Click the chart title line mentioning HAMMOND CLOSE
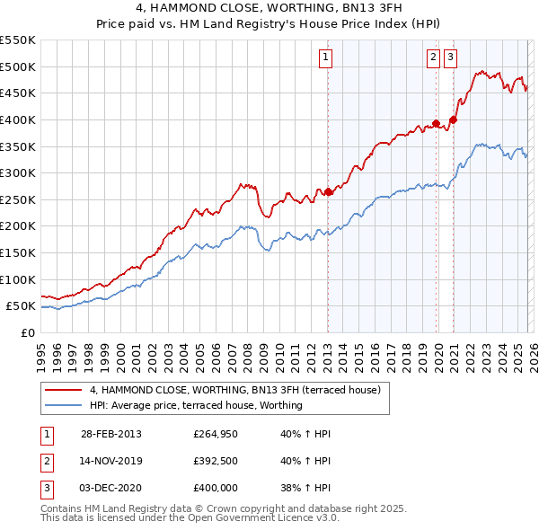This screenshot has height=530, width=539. click(x=269, y=9)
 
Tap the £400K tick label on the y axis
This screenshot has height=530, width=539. click(x=17, y=119)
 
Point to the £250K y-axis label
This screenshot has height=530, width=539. click(x=17, y=199)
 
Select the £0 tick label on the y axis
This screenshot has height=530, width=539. click(x=26, y=332)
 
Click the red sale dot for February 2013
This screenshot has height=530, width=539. click(x=328, y=191)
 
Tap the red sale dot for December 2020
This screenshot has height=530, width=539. click(x=453, y=119)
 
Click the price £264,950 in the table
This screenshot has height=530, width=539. click(x=215, y=434)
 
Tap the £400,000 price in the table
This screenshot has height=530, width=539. click(x=215, y=488)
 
